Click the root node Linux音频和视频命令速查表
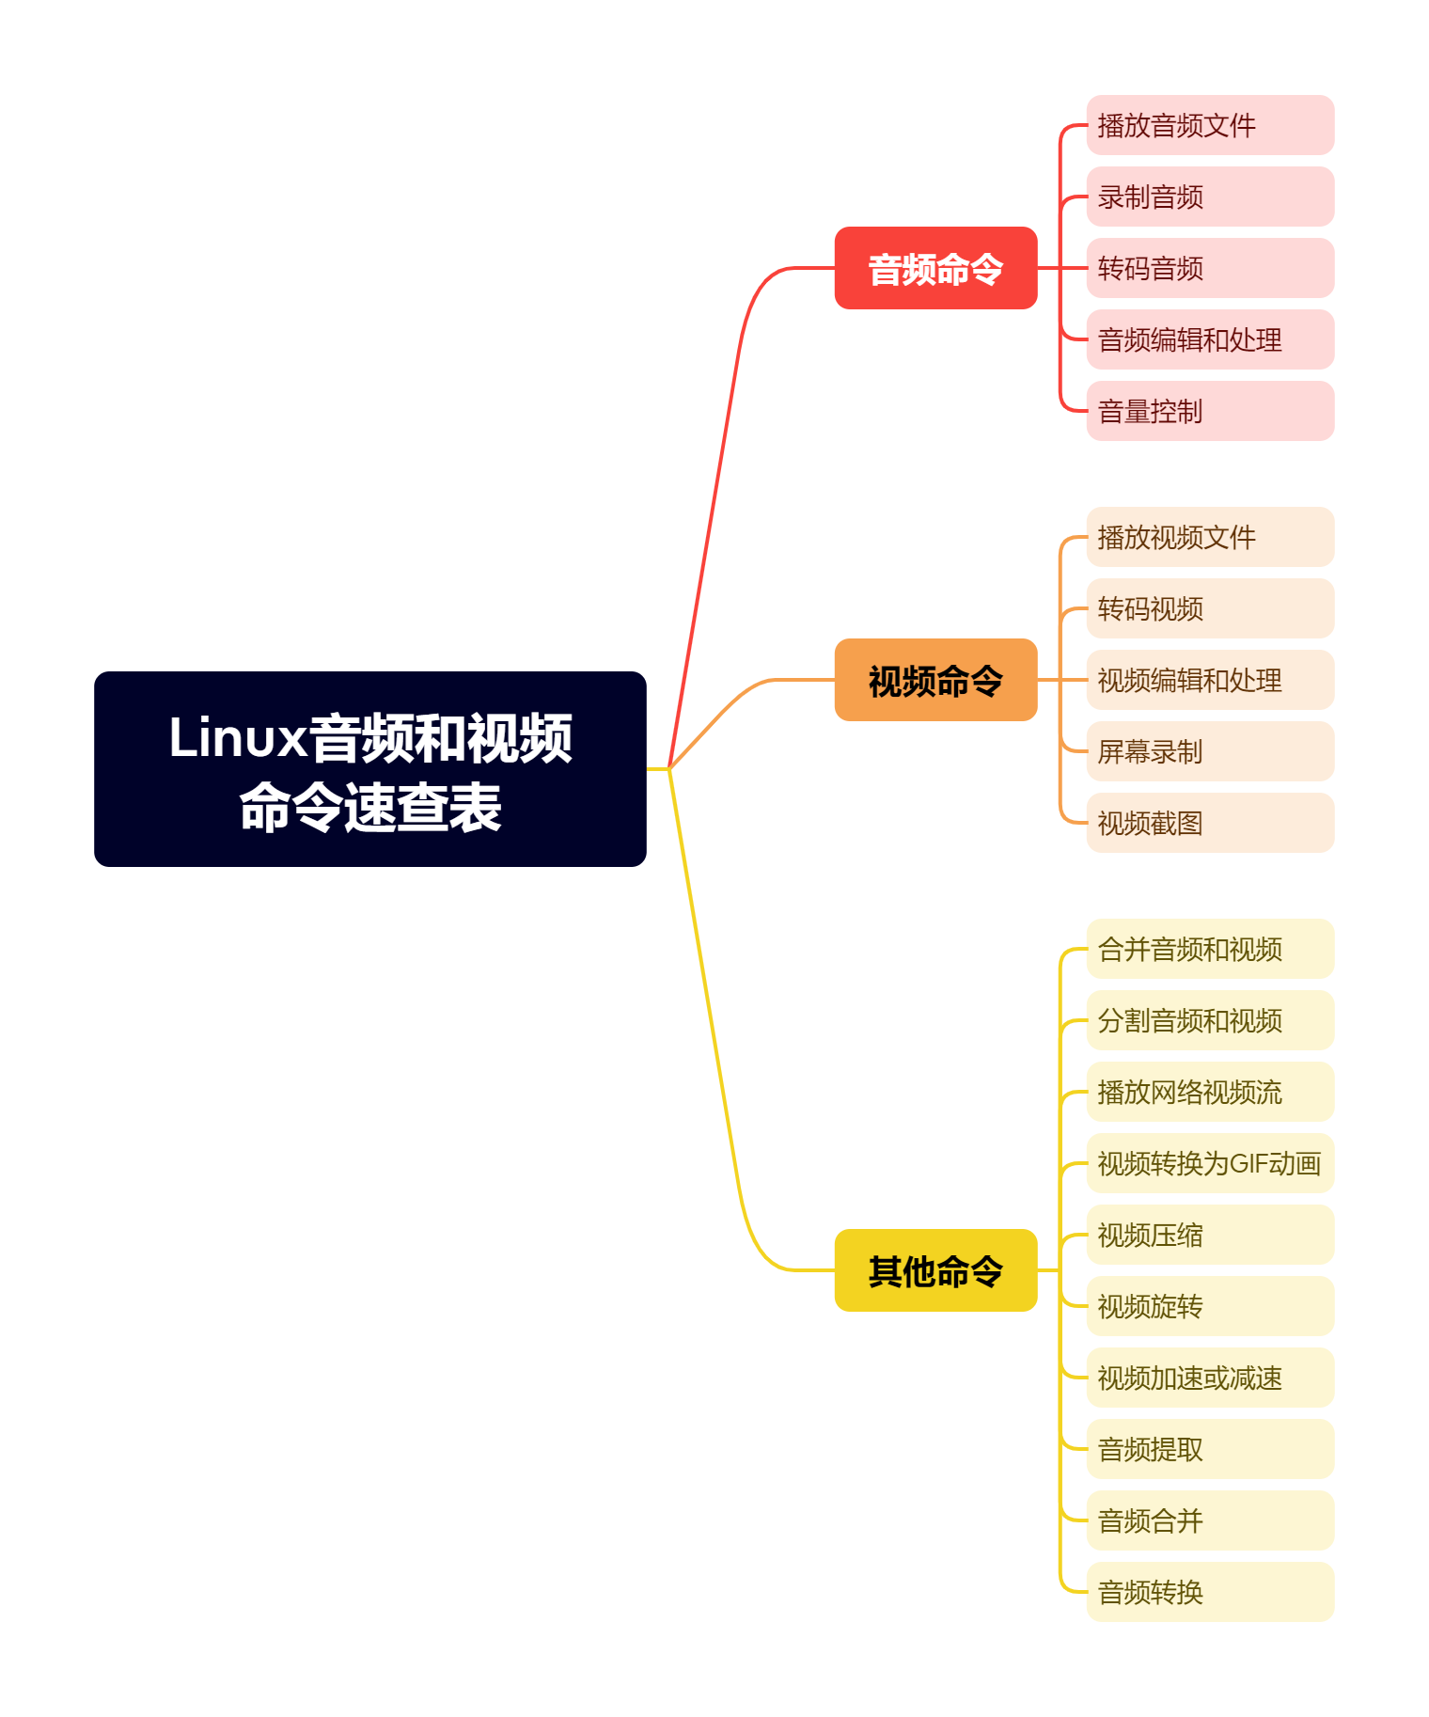point(369,768)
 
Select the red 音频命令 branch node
point(935,268)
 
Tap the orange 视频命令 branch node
point(935,680)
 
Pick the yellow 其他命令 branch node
point(935,1270)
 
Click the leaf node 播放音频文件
point(1209,125)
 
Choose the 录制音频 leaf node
point(1209,197)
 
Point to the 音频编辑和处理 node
point(1209,339)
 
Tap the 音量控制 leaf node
point(1209,411)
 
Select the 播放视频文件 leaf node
point(1209,537)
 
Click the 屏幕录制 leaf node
point(1209,751)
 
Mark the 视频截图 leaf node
point(1209,823)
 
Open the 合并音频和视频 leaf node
point(1209,949)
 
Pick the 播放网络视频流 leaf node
point(1209,1092)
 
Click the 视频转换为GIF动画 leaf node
point(1209,1163)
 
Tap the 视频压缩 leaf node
point(1209,1235)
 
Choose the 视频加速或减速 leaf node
point(1209,1378)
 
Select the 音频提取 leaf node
point(1209,1449)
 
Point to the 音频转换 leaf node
point(1209,1592)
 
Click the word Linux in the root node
point(237,737)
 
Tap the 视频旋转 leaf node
point(1209,1306)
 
